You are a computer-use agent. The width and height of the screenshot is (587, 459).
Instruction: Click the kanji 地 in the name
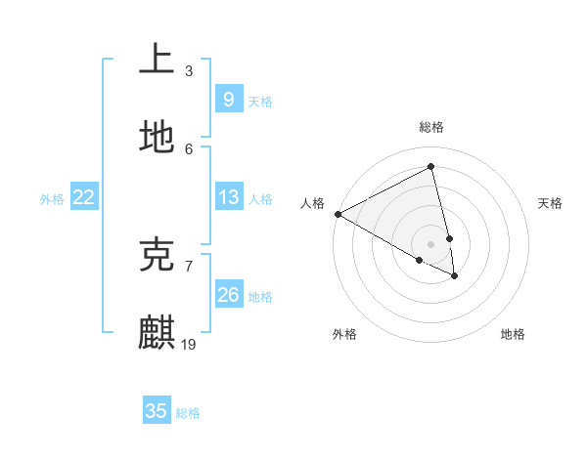point(157,138)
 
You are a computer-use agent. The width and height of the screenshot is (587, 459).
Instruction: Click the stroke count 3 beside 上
point(189,70)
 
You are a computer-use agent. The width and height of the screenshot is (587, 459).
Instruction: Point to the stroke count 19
point(189,344)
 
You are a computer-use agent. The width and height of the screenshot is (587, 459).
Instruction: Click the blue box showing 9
point(228,99)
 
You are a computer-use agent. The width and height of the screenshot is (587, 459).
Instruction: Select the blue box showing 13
point(228,197)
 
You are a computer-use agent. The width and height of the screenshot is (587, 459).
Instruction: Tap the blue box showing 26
point(228,295)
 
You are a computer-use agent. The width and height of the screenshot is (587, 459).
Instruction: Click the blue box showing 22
point(84,197)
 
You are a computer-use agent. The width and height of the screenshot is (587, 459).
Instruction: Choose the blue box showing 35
point(157,411)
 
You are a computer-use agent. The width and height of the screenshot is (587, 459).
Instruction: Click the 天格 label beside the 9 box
point(260,101)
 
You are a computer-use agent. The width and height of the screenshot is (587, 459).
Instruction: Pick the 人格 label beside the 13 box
point(260,199)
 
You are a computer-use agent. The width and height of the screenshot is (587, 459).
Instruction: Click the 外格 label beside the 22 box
point(52,199)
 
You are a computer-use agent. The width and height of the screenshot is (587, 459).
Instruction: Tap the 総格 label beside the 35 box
point(188,413)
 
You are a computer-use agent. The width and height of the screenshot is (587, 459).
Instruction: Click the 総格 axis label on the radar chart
point(431,127)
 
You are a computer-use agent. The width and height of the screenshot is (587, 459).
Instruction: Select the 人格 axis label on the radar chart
point(313,203)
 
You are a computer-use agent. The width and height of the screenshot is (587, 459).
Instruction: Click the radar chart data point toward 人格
point(338,214)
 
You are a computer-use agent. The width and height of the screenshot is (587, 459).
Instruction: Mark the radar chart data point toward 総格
point(431,167)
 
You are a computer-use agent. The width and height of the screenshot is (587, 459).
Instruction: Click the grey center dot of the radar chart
point(431,243)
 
